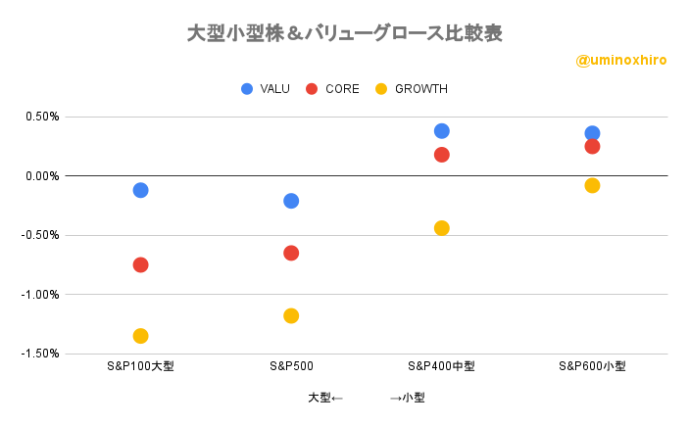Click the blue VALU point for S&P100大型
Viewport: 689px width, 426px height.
point(140,190)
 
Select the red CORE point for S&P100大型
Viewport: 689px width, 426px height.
point(140,264)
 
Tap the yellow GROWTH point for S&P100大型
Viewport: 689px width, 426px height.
point(140,336)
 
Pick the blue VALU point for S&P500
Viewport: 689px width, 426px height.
point(291,201)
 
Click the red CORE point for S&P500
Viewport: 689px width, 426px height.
point(291,253)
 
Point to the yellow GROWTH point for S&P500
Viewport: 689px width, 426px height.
point(291,315)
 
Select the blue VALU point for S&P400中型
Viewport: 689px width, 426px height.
point(441,131)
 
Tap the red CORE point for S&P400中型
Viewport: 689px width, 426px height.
point(441,155)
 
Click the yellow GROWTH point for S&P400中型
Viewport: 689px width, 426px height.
point(441,228)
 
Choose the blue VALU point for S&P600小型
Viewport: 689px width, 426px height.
point(592,133)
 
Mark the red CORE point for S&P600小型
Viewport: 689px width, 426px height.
point(592,147)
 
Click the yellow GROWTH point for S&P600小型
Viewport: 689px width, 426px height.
point(592,185)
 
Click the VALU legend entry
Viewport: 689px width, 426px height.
point(265,89)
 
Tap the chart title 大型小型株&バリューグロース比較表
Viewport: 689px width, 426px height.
point(344,33)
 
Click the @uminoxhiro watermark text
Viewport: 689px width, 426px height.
point(621,61)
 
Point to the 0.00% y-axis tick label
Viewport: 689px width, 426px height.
point(42,176)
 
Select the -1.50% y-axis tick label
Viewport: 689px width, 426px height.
point(40,354)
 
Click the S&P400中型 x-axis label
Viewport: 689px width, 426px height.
point(441,367)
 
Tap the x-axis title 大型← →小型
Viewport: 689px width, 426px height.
point(366,398)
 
